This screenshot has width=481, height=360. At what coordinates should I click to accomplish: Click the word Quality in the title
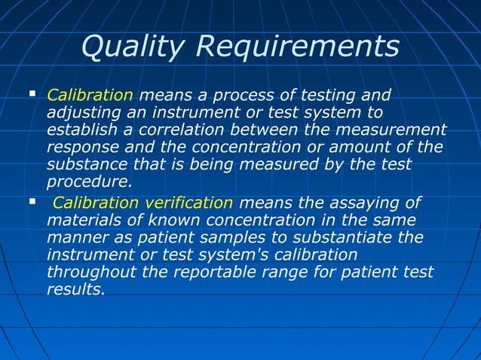coord(133,47)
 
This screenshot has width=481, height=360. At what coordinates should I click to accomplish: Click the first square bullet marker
coord(32,95)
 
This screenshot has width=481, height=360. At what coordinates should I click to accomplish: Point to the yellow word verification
coord(185,203)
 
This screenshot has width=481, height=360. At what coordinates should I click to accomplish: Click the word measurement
coord(393,130)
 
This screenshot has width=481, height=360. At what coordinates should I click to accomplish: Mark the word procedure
coord(88,182)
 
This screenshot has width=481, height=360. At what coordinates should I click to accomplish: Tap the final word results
coord(75,288)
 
